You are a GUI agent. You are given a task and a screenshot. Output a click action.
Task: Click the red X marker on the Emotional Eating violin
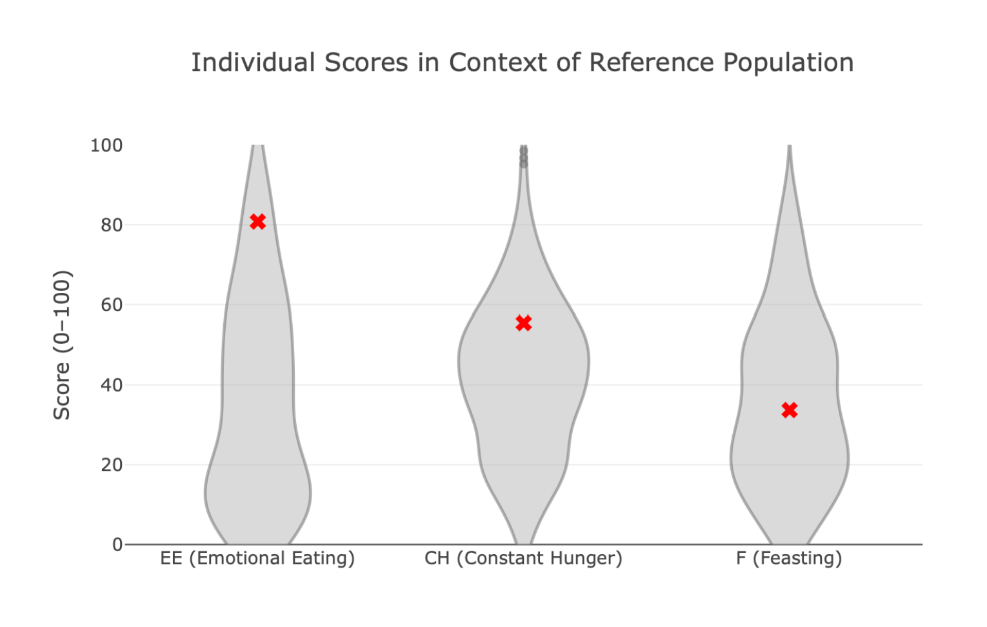(x=257, y=221)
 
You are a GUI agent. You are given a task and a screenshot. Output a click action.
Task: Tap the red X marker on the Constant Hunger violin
(x=523, y=323)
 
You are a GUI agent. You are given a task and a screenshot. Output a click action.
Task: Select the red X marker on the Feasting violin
(x=789, y=410)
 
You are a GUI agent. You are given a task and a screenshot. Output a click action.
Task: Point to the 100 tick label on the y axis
(x=106, y=145)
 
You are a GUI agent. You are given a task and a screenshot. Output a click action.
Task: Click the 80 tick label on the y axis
(x=111, y=225)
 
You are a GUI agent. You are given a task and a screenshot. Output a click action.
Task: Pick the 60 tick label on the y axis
(x=111, y=304)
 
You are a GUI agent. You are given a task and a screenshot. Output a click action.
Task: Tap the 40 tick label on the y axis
(x=111, y=385)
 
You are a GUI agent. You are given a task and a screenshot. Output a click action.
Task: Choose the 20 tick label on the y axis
(x=111, y=464)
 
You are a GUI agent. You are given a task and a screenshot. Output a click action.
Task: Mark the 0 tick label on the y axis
(x=117, y=545)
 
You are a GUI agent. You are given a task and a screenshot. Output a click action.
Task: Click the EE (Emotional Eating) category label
(x=257, y=558)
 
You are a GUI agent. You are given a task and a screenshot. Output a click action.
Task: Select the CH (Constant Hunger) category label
(x=523, y=558)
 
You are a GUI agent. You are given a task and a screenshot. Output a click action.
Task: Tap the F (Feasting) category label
(x=789, y=558)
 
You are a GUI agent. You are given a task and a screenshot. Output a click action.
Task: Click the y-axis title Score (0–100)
(x=62, y=345)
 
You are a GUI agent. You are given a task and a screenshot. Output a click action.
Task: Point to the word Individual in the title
(x=253, y=63)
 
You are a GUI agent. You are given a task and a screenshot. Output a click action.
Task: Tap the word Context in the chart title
(x=498, y=63)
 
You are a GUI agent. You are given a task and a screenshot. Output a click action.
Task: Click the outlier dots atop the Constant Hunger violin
(x=523, y=157)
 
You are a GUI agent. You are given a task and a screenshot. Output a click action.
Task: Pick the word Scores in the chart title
(x=366, y=63)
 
